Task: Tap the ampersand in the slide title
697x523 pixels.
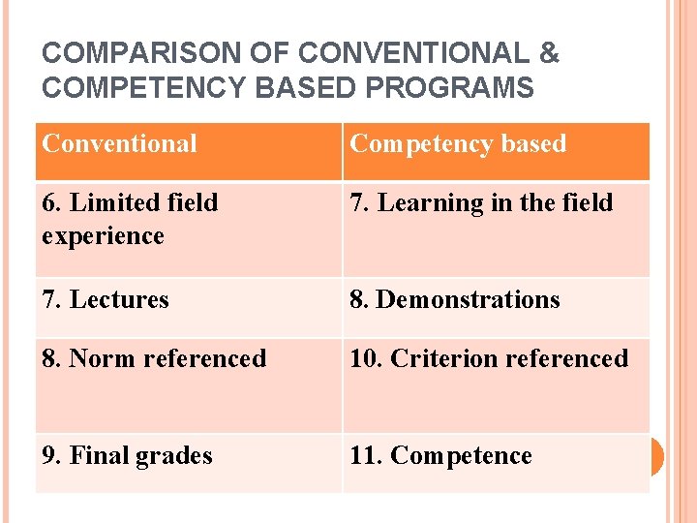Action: (548, 52)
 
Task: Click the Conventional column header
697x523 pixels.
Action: (119, 144)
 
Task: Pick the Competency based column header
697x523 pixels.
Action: (457, 144)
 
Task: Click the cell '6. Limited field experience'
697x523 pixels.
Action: (130, 219)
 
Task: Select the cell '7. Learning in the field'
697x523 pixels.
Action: (481, 203)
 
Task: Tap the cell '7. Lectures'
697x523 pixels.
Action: (106, 300)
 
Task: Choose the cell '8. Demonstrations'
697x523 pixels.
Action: (455, 300)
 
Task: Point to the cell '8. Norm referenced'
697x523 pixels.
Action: (154, 359)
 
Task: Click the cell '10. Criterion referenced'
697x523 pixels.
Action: (489, 359)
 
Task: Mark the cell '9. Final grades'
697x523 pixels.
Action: (127, 456)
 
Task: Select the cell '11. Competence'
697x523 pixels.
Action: (440, 456)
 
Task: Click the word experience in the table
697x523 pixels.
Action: (104, 236)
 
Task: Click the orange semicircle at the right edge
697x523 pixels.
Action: (656, 456)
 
